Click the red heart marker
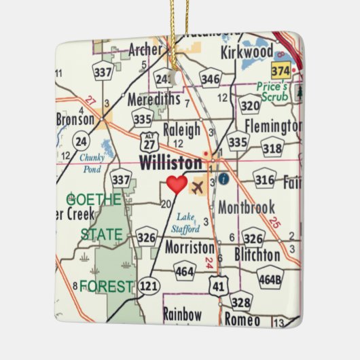[177, 184]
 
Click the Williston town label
[170, 163]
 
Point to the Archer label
[146, 50]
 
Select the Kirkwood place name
[247, 52]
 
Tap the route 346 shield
[211, 79]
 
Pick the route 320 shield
[250, 105]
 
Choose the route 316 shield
[264, 179]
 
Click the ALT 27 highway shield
[149, 142]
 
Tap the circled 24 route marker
[82, 142]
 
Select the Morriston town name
[190, 247]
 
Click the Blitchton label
[256, 255]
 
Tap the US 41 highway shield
[217, 287]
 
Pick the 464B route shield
[270, 278]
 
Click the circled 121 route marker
[149, 287]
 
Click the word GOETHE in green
[94, 200]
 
